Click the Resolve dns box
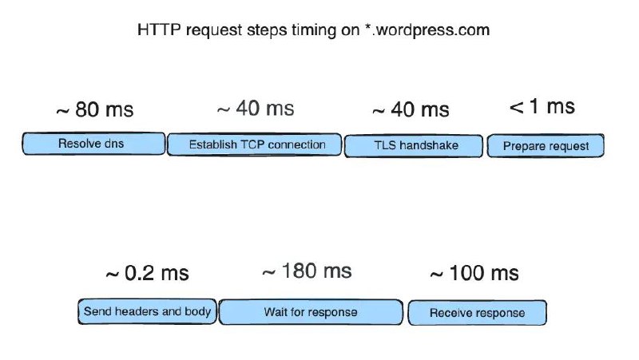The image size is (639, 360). tap(93, 144)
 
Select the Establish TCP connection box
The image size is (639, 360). tap(255, 144)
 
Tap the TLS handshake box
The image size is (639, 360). tap(414, 146)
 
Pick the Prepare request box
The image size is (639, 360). tap(546, 146)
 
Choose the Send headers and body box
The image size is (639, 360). tap(147, 311)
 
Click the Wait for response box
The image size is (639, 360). tap(311, 312)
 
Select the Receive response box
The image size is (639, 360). tap(477, 313)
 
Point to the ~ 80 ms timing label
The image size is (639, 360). tap(95, 109)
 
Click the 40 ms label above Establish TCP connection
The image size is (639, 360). tap(256, 109)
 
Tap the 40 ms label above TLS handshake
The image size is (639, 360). tap(411, 109)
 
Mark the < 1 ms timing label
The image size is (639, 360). tap(542, 107)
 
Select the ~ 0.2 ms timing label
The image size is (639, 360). tap(147, 273)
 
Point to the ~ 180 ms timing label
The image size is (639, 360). tap(307, 271)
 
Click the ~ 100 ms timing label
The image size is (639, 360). tap(474, 273)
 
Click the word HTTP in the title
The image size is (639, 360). tap(159, 30)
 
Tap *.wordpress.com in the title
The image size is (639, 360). tap(427, 30)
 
